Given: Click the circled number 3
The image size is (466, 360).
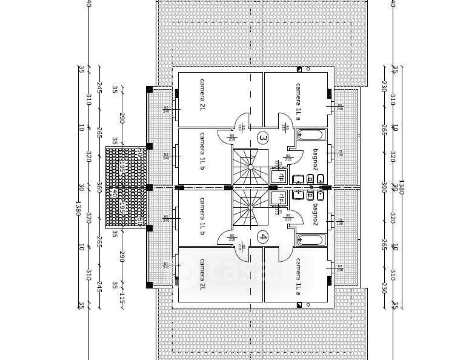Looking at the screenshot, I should point(262,138).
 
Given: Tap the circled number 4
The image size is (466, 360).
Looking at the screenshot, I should point(262,237).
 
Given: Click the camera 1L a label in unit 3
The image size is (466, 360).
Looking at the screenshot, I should point(298,102).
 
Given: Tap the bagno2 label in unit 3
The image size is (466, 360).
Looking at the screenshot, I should point(315,159).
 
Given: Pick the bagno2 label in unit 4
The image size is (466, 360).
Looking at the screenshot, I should point(315,215).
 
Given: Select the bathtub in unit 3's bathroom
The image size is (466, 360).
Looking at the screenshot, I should point(311,135).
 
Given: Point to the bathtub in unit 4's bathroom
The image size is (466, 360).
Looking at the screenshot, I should point(311,240).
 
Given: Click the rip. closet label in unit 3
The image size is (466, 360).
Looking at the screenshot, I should point(280,177).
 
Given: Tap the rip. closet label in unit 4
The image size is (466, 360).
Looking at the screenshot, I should point(280,198).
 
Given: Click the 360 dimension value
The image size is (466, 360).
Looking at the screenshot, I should point(98,188).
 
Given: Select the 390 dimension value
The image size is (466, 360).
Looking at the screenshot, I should point(383,187).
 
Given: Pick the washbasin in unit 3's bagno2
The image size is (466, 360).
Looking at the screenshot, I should point(298,179).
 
